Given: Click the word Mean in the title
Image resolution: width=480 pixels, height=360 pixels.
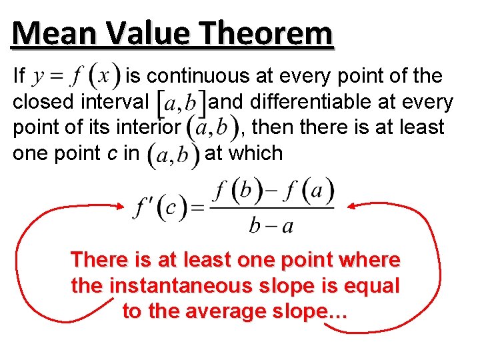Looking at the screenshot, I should [x=47, y=33].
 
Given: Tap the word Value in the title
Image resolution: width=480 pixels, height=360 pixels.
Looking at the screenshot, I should [x=142, y=33].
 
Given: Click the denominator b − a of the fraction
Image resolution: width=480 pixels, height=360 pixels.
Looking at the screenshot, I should [x=271, y=225].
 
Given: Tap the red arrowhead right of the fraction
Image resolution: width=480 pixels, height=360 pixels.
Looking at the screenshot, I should [x=353, y=205].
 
